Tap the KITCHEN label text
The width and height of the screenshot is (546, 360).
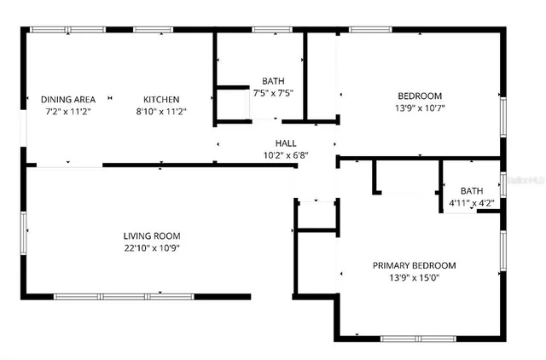(161, 99)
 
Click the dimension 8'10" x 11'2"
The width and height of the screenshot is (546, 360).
(161, 111)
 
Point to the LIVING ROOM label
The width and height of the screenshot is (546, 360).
(152, 235)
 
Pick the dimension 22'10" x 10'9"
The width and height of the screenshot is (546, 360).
(152, 248)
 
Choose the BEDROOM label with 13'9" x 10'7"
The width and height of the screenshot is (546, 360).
(419, 96)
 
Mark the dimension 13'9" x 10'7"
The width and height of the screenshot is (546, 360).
(419, 107)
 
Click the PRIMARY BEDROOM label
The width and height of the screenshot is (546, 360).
(414, 265)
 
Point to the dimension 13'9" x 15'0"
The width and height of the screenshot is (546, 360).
(414, 277)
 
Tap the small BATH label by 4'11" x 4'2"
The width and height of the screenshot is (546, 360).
(471, 191)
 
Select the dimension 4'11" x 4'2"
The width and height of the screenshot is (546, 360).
(471, 203)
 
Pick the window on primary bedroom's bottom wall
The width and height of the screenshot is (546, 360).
(415, 339)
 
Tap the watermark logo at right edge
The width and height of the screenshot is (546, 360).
(526, 181)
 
